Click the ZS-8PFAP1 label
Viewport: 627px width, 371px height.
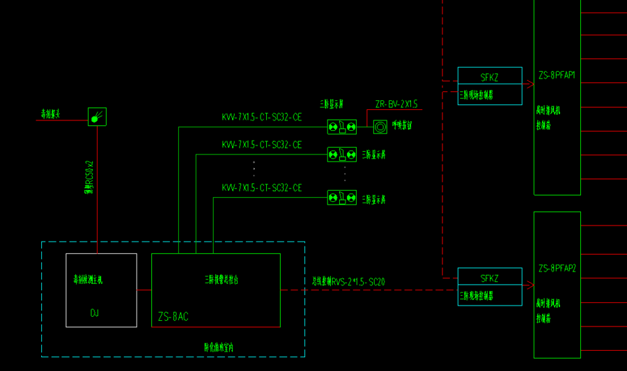pyautogui.click(x=556, y=75)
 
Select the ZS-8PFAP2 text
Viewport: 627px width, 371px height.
pyautogui.click(x=556, y=269)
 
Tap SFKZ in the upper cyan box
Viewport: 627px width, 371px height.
pyautogui.click(x=490, y=77)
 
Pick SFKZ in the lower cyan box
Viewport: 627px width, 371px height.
pyautogui.click(x=490, y=278)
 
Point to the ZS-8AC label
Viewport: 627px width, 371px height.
pyautogui.click(x=173, y=317)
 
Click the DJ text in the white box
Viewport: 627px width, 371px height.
pyautogui.click(x=95, y=313)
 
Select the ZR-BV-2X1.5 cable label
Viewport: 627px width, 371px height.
pyautogui.click(x=396, y=104)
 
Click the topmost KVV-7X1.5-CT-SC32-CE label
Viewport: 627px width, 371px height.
pyautogui.click(x=261, y=118)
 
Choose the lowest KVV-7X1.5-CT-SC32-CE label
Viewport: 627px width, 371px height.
pyautogui.click(x=261, y=188)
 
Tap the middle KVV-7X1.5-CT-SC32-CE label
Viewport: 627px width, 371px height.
pyautogui.click(x=261, y=145)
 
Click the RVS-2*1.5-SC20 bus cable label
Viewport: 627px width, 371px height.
pyautogui.click(x=348, y=282)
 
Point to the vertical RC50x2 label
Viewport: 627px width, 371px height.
pyautogui.click(x=89, y=182)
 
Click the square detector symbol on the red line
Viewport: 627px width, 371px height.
pyautogui.click(x=97, y=117)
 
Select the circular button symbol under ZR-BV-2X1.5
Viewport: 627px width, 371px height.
pyautogui.click(x=380, y=127)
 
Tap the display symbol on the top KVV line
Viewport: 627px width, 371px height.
pyautogui.click(x=342, y=127)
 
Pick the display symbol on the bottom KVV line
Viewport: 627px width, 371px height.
pyautogui.click(x=342, y=198)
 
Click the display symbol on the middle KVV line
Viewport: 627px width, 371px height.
pyautogui.click(x=342, y=154)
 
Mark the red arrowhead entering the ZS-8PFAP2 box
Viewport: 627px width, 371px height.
pyautogui.click(x=529, y=285)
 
